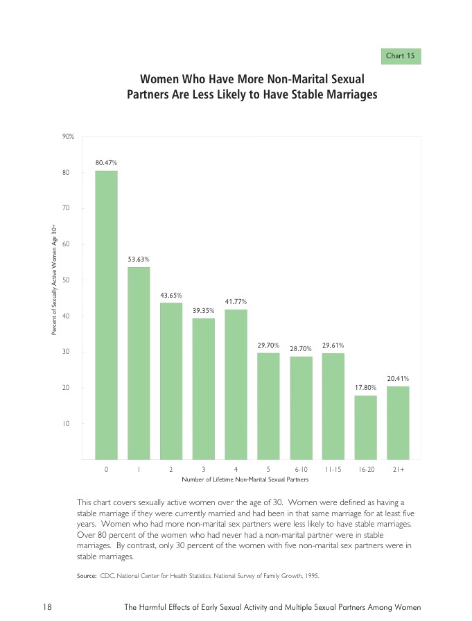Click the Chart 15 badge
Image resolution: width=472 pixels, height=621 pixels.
click(x=401, y=56)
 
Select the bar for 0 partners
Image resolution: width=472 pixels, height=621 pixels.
click(x=106, y=315)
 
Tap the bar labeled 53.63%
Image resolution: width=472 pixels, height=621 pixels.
click(x=139, y=363)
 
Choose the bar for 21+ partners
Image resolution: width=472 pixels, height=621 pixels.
click(x=398, y=423)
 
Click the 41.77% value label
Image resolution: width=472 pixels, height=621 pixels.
click(x=236, y=302)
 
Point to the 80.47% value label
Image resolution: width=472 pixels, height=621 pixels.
click(x=106, y=162)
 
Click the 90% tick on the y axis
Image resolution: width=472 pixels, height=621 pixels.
click(x=68, y=136)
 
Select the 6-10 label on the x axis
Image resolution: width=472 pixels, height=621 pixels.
click(x=301, y=470)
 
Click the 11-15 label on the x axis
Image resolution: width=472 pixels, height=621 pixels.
click(x=333, y=470)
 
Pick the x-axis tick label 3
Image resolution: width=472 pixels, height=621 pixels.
click(x=204, y=470)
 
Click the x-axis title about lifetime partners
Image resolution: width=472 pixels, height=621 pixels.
click(x=244, y=479)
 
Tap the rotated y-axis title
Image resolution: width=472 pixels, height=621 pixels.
click(x=54, y=280)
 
